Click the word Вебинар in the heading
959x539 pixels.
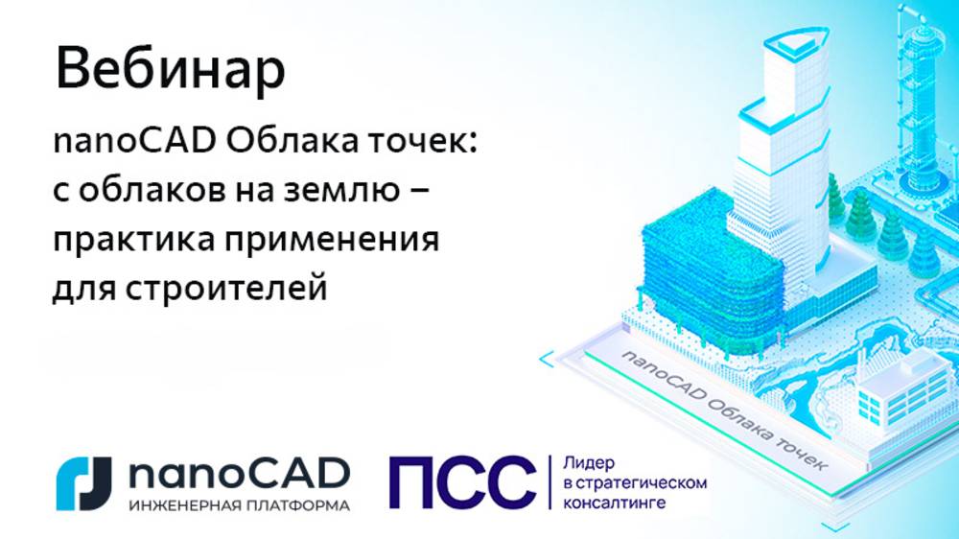point(170,70)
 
